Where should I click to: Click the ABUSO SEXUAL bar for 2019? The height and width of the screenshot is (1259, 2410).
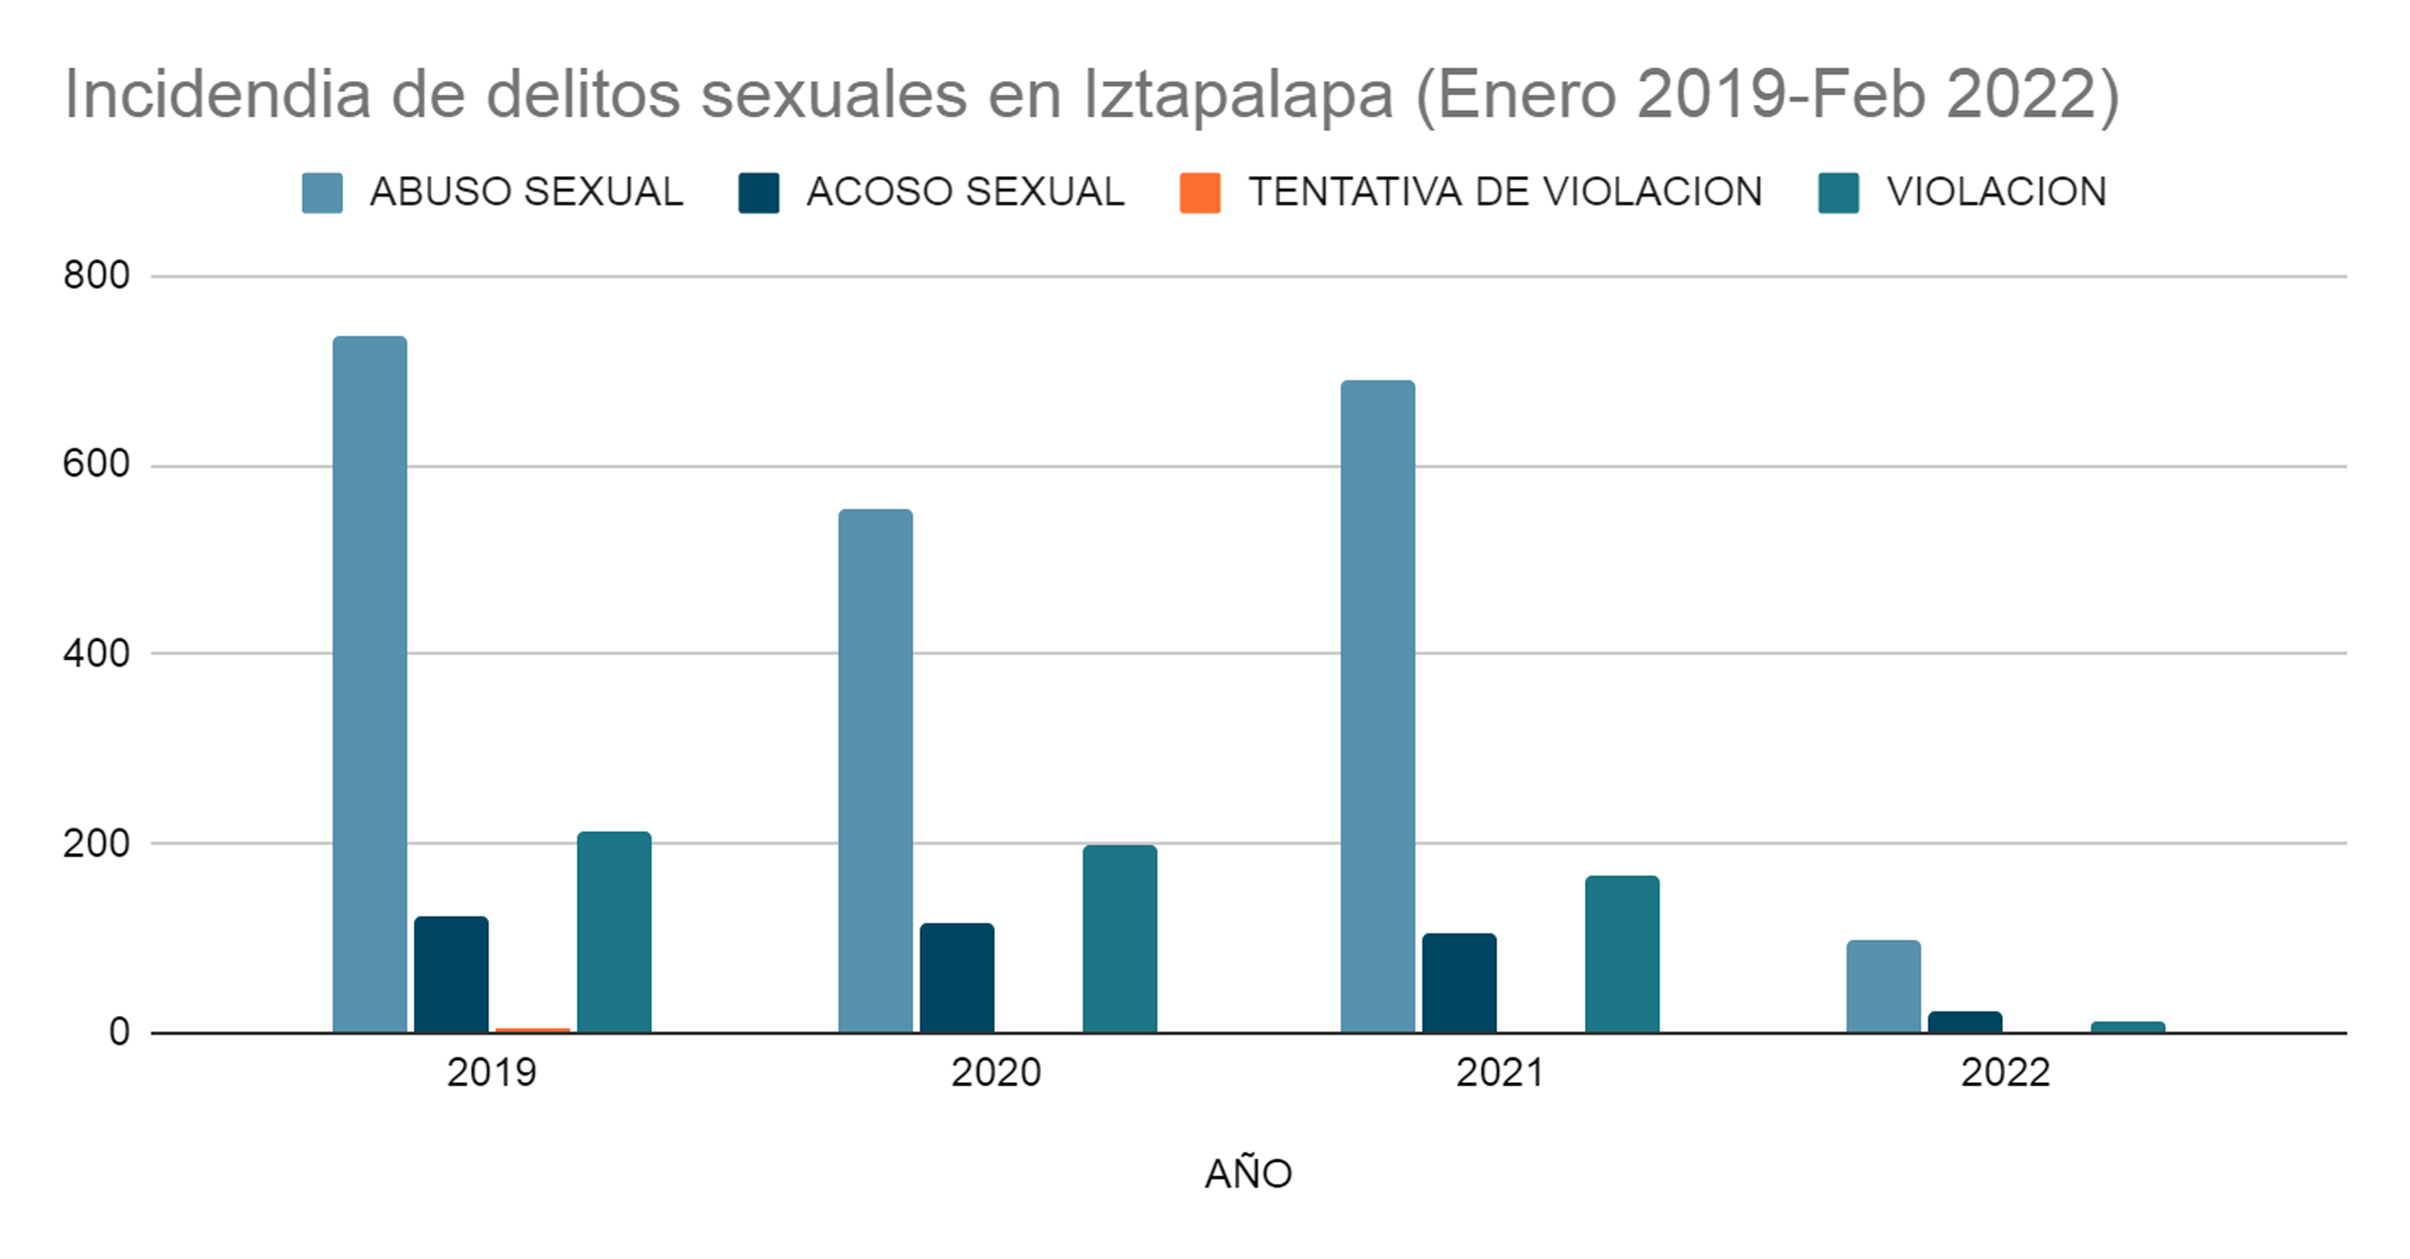point(370,683)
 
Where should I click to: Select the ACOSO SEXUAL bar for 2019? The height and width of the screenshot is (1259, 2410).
point(451,974)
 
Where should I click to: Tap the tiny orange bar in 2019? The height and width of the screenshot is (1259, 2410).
point(533,1030)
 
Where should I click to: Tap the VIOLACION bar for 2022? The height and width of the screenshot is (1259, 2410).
point(2128,1027)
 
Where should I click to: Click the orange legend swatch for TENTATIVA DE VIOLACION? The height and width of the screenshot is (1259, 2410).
point(1199,193)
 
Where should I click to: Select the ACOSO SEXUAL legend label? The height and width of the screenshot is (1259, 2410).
point(965,192)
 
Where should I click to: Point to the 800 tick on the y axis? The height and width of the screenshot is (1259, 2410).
point(96,276)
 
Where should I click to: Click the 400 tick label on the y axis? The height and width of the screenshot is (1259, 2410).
point(96,654)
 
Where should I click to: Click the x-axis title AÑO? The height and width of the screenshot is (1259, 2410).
point(1248,1173)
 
